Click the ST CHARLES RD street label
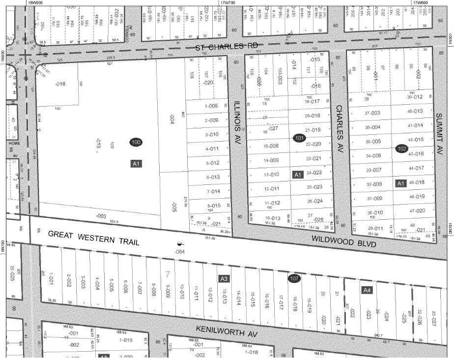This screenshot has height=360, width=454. (219, 47)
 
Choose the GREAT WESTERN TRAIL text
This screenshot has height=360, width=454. (94, 239)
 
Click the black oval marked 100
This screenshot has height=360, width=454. (137, 142)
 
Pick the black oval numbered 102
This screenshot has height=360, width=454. (401, 148)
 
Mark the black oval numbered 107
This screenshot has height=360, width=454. (294, 278)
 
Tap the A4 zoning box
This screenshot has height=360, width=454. (367, 290)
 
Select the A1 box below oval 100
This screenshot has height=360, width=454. (136, 163)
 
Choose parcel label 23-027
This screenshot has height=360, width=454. (434, 316)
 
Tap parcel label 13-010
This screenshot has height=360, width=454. (271, 175)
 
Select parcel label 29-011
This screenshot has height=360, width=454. (374, 229)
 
